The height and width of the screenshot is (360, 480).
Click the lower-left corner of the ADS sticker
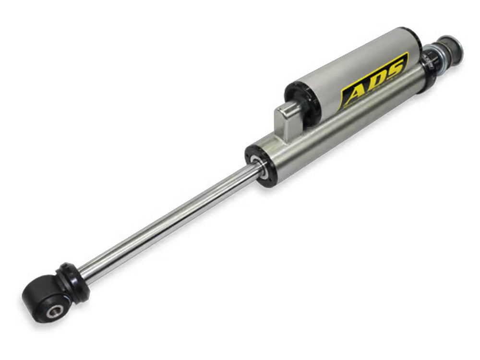click(342, 107)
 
